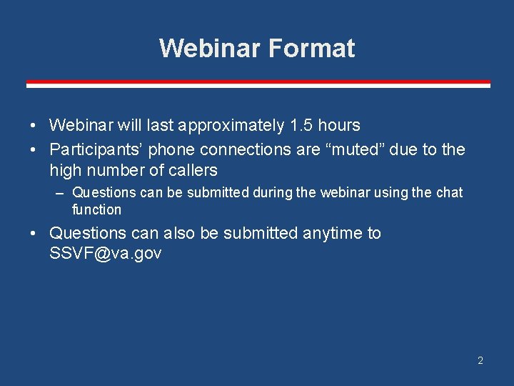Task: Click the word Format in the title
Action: click(x=311, y=48)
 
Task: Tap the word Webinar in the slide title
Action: click(x=211, y=48)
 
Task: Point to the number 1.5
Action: click(x=301, y=126)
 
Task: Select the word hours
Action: click(x=339, y=126)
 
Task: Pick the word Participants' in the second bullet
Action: click(x=96, y=150)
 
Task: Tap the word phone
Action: click(x=171, y=150)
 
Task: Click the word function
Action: click(x=96, y=210)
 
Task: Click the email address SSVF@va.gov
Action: click(x=106, y=254)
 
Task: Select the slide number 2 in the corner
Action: click(x=480, y=360)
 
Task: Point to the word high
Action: click(x=65, y=170)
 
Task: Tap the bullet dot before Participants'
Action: click(x=34, y=150)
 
